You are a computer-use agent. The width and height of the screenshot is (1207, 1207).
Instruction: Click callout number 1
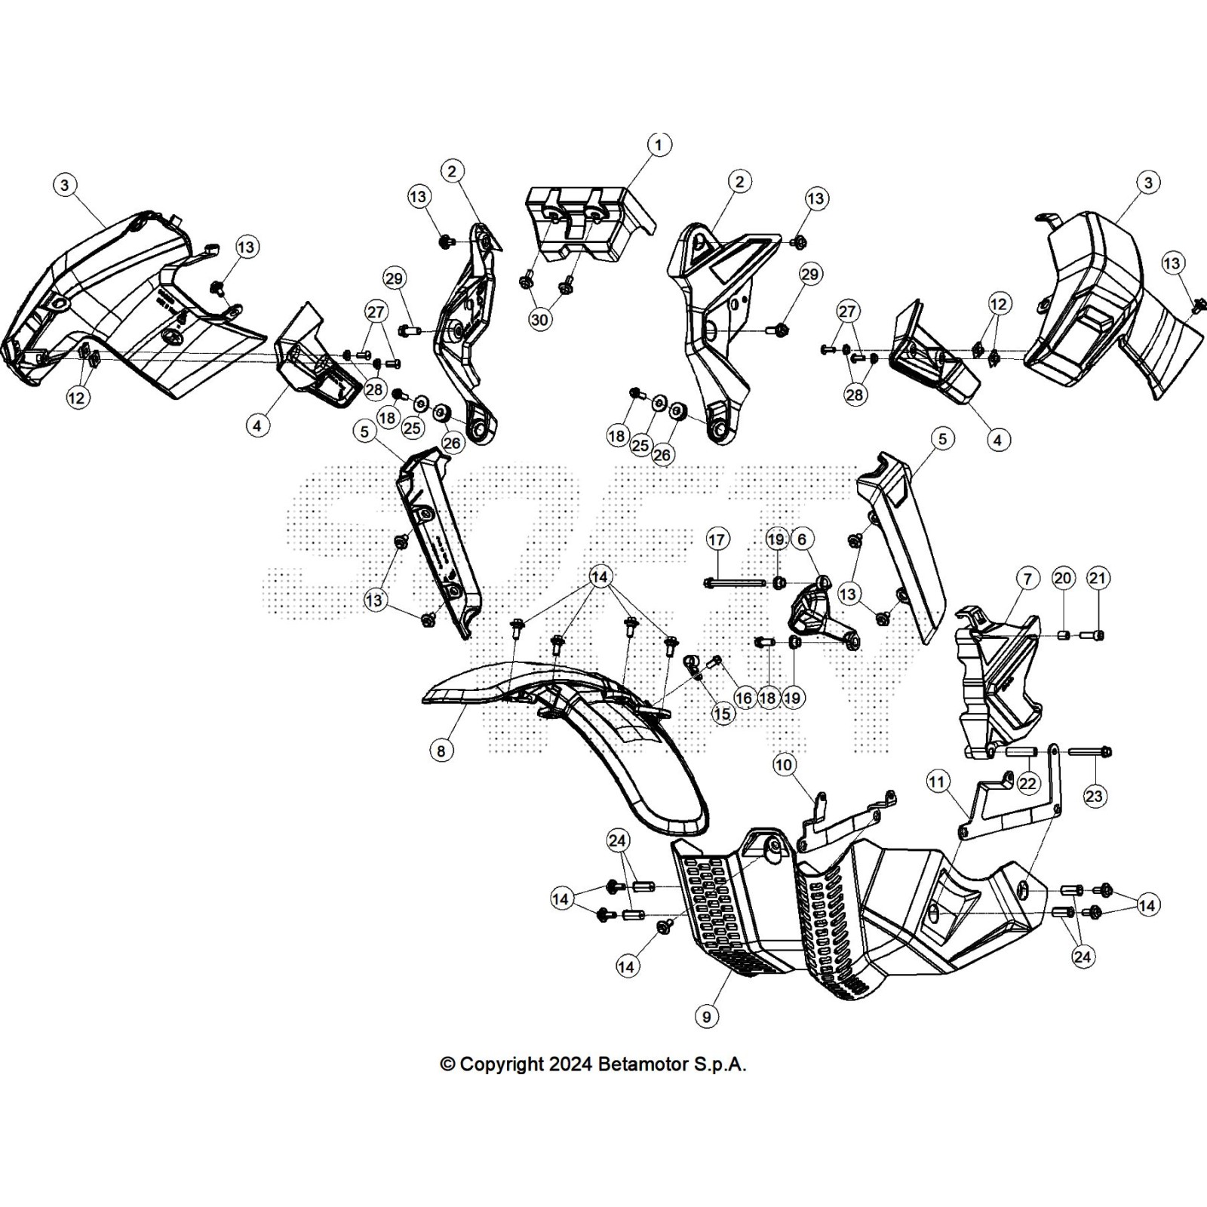pyautogui.click(x=659, y=144)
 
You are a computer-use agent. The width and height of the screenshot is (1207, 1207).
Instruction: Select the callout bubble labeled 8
pyautogui.click(x=441, y=750)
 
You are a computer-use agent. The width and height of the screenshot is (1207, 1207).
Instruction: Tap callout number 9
pyautogui.click(x=707, y=1017)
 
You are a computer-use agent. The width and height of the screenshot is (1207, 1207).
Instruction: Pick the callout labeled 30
pyautogui.click(x=539, y=320)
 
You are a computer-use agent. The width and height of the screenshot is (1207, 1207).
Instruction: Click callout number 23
pyautogui.click(x=1094, y=796)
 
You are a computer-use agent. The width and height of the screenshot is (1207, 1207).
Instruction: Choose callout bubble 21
pyautogui.click(x=1098, y=579)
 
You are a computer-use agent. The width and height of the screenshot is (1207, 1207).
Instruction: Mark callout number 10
pyautogui.click(x=785, y=765)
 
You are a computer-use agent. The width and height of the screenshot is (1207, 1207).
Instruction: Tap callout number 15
pyautogui.click(x=723, y=714)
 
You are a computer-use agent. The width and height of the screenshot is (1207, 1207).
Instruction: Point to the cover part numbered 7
pyautogui.click(x=996, y=679)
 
